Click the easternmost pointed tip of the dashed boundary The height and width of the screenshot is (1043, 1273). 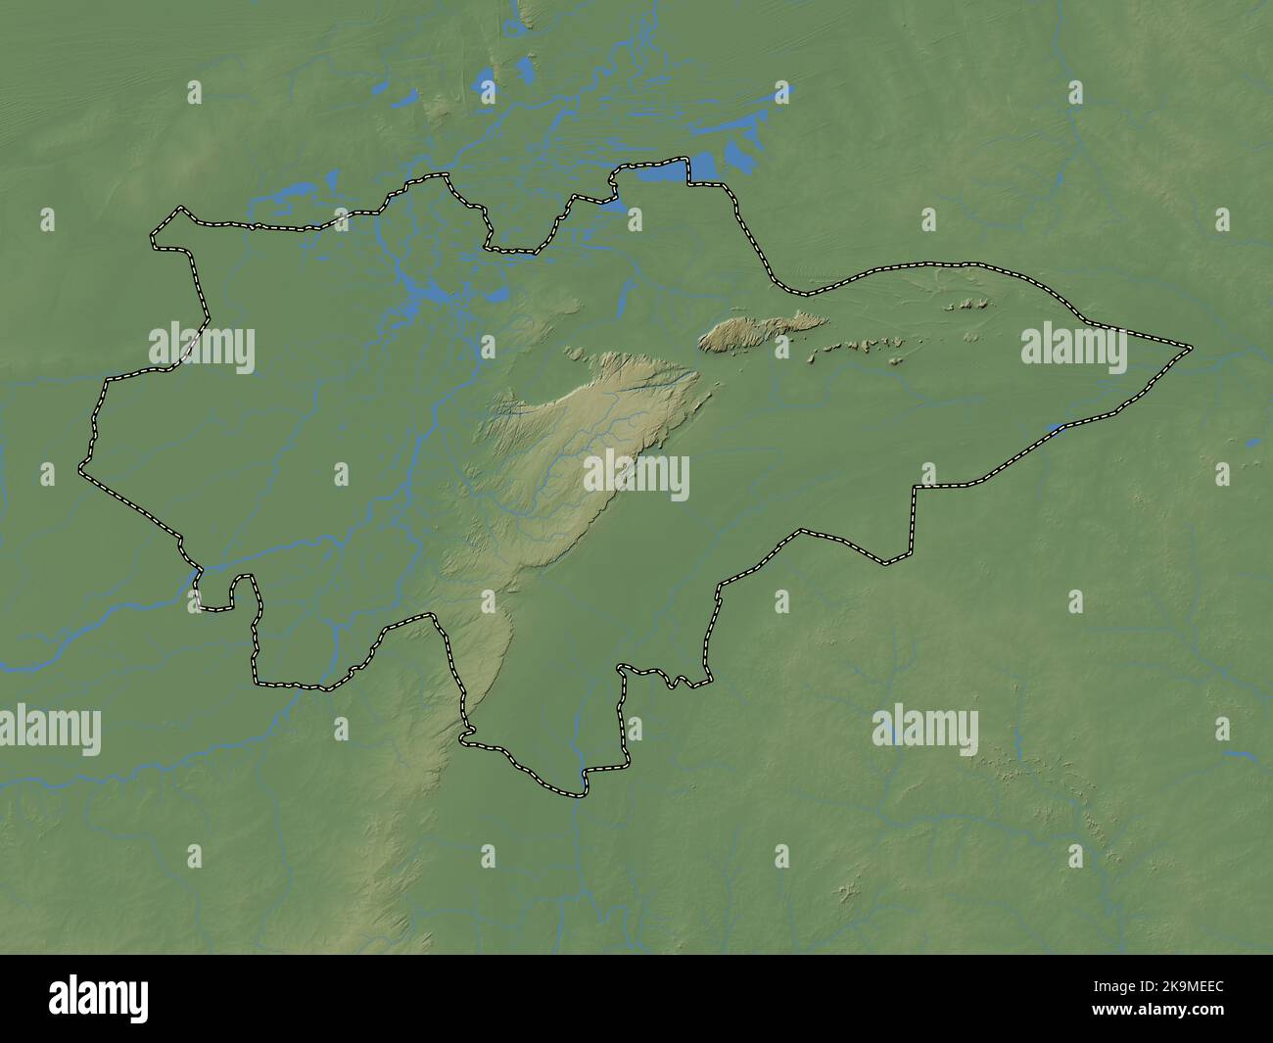click(1190, 348)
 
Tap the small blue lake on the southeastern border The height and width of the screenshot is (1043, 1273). click(1055, 427)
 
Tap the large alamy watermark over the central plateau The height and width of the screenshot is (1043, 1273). click(636, 477)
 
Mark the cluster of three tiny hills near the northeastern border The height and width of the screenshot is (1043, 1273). click(966, 305)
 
